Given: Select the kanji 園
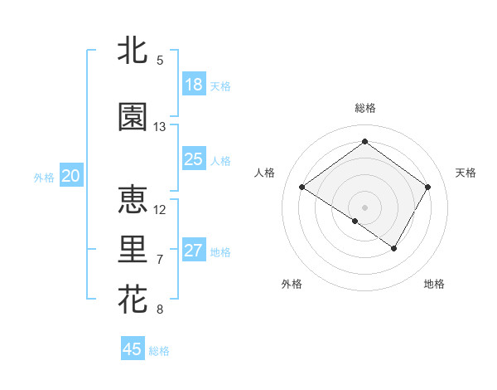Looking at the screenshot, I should [133, 117].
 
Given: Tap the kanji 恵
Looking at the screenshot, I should [133, 200].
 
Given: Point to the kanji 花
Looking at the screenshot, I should [133, 299].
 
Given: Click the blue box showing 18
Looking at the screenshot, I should [194, 85].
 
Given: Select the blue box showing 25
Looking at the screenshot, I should [194, 159].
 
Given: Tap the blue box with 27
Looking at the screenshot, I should [194, 251].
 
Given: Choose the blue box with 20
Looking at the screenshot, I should [71, 176].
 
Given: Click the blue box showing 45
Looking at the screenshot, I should [133, 349].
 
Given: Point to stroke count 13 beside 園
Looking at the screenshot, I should [160, 127].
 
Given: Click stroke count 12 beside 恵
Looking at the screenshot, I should [160, 210].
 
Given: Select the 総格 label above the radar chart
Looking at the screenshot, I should [364, 108].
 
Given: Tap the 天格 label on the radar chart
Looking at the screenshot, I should [466, 173].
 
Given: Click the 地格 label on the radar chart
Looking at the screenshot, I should [434, 284].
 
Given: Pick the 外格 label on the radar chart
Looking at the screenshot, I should [292, 284].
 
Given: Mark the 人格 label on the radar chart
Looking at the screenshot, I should [265, 173].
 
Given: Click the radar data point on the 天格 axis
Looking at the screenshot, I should [427, 188].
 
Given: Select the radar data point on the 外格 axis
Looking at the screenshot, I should [355, 221].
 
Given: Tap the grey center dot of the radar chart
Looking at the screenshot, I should [364, 207].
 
